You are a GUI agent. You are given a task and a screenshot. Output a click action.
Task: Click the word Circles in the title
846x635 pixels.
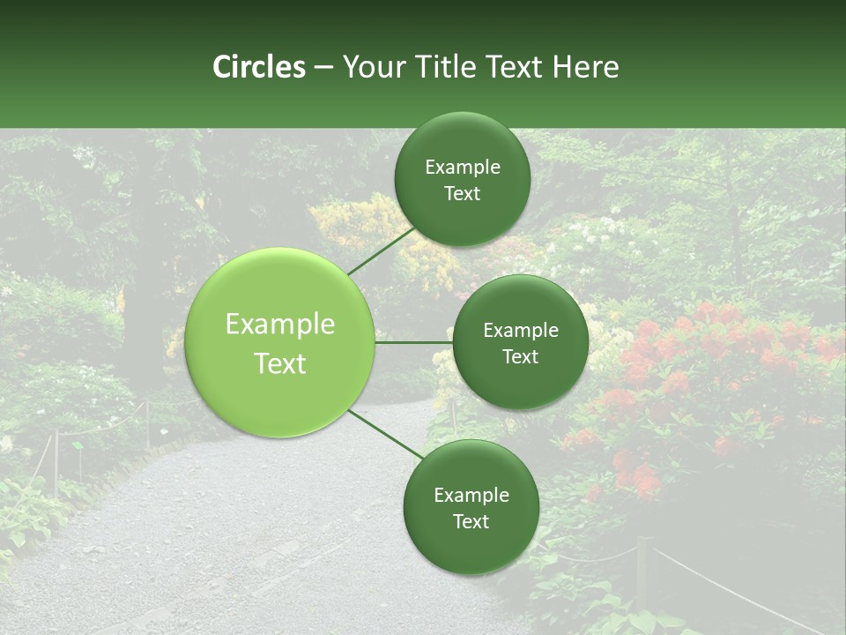pos(259,67)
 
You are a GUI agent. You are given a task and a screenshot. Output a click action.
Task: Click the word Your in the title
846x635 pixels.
pos(373,67)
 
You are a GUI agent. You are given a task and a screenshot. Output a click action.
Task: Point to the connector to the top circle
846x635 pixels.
pos(382,250)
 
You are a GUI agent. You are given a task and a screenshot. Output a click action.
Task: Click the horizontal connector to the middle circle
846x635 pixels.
pos(414,342)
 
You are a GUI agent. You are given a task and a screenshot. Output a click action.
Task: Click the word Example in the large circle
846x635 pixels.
pos(280,325)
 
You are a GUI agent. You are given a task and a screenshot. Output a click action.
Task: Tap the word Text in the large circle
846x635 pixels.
pos(280,363)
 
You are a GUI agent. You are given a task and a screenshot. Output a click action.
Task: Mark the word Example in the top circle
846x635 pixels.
pos(462,168)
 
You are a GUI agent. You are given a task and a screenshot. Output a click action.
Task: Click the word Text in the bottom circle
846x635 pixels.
pos(471,521)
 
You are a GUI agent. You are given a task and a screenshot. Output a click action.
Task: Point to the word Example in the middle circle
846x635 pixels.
pos(520,331)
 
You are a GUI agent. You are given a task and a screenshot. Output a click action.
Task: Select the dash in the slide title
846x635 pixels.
pos(323,67)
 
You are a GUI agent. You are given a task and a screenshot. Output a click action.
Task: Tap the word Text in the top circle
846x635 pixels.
pos(462,194)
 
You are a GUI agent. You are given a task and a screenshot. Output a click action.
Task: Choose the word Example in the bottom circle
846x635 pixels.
pos(471,495)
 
